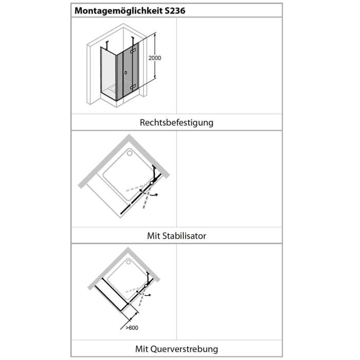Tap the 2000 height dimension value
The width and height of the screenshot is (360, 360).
(x=154, y=58)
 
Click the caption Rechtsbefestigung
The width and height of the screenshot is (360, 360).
(x=176, y=122)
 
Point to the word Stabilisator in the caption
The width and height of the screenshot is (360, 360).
(x=184, y=236)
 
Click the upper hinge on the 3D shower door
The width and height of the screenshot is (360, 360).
(x=134, y=51)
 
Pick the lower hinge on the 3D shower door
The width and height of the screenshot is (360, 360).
(x=134, y=87)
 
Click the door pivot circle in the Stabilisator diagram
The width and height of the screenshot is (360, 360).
(x=152, y=183)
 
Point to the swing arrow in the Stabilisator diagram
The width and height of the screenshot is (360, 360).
(x=154, y=196)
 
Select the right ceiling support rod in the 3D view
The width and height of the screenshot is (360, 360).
(x=133, y=40)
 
